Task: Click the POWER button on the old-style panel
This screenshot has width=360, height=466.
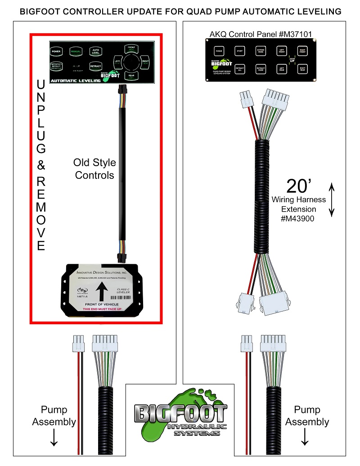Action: (56, 51)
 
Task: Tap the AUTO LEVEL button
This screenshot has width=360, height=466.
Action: (95, 51)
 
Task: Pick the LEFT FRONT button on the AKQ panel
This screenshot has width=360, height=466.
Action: (281, 52)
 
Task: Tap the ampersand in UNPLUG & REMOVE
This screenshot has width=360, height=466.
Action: (41, 165)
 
